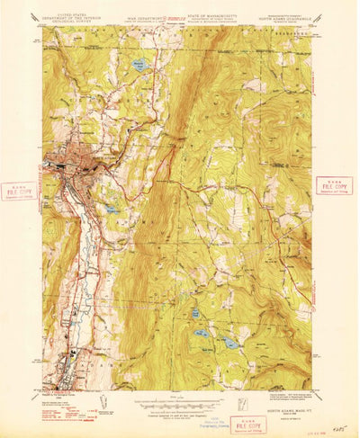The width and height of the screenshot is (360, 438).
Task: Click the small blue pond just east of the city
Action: [x=110, y=210]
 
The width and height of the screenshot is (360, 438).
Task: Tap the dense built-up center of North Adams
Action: [x=67, y=165]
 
